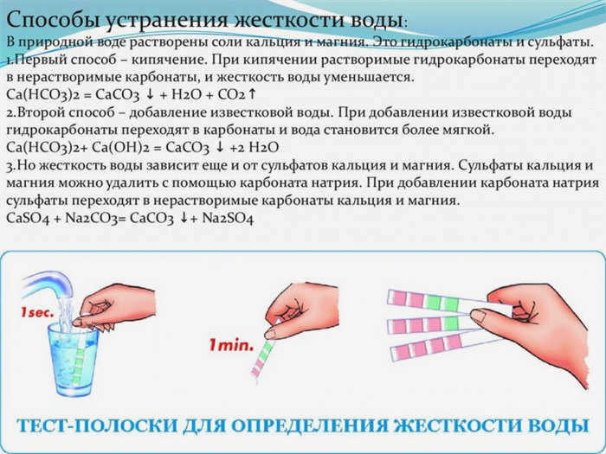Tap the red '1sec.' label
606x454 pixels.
[x=37, y=313]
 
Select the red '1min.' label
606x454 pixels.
[x=231, y=345]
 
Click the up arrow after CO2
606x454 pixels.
[x=252, y=93]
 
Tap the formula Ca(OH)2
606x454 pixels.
[x=123, y=147]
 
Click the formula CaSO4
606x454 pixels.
[x=29, y=219]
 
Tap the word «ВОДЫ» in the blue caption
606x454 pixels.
[x=556, y=425]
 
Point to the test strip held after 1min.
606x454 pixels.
[x=261, y=357]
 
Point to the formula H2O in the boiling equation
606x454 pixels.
[x=187, y=93]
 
